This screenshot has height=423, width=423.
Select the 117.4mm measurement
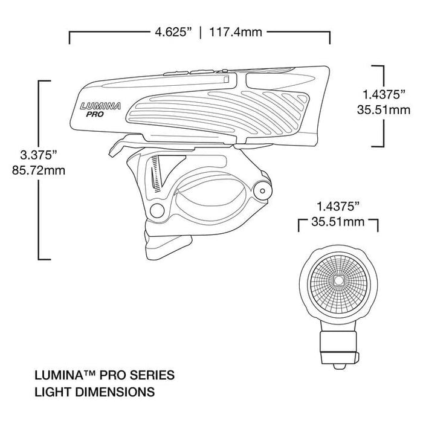(236, 32)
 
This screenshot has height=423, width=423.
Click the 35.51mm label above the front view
(338, 222)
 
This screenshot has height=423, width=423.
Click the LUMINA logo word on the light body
(100, 105)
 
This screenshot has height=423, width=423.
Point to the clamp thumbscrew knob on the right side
(262, 190)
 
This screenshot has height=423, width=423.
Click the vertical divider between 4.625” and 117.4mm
(201, 32)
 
